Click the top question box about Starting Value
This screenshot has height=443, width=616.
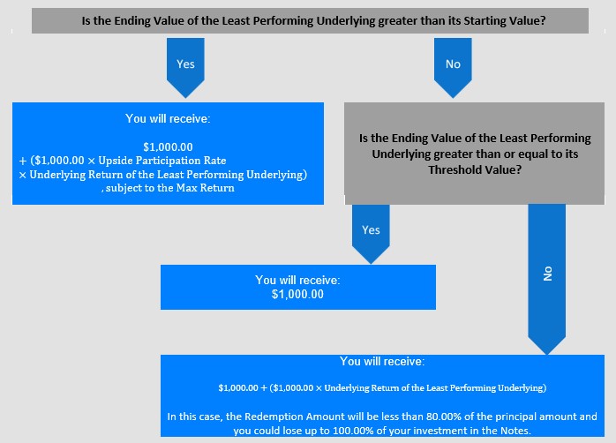point(310,21)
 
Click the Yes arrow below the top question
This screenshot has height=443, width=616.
point(185,68)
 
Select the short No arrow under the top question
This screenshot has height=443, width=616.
point(453,68)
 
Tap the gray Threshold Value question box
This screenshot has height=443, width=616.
point(474,154)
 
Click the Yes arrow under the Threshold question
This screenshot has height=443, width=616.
point(371,234)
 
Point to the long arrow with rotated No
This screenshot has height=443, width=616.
point(547,279)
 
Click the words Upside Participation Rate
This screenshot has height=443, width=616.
point(162,161)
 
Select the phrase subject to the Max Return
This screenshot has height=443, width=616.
point(170,188)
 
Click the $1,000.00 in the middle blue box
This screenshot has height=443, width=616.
point(297,294)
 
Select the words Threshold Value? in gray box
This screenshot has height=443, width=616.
point(475,169)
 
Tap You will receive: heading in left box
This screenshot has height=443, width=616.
point(169,118)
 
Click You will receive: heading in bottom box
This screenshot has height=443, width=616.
point(382,361)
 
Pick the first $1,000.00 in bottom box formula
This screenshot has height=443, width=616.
point(238,388)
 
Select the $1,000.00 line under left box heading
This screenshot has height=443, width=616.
point(169,147)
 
